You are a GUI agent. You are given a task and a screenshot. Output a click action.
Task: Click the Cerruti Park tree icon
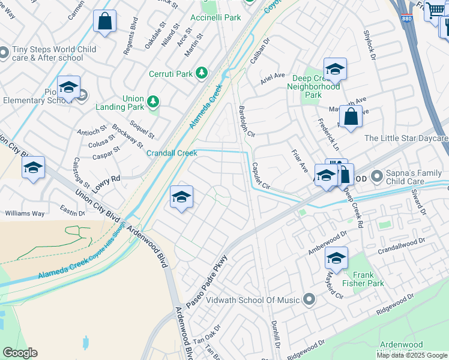(202, 73)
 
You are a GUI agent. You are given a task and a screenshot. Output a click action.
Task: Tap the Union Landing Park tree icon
(154, 103)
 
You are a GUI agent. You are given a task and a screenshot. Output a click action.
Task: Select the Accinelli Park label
(215, 18)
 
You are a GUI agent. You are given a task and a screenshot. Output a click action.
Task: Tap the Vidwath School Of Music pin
(309, 299)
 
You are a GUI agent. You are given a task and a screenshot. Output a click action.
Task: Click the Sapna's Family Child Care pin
(377, 176)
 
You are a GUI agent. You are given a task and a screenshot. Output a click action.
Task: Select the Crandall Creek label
(172, 153)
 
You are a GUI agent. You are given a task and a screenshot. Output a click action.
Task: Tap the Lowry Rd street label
(107, 178)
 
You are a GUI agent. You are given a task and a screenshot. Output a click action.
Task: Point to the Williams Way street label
(25, 213)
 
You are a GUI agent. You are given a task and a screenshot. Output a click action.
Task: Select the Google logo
(20, 353)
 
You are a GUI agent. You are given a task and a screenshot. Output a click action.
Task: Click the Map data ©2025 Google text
(412, 355)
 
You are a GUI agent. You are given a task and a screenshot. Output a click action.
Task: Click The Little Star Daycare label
(406, 139)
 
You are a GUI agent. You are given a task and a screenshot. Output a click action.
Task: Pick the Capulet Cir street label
(261, 177)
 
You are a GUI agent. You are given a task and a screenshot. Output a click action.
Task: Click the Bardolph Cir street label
(247, 122)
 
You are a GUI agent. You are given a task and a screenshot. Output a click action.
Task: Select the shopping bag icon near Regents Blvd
(104, 21)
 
